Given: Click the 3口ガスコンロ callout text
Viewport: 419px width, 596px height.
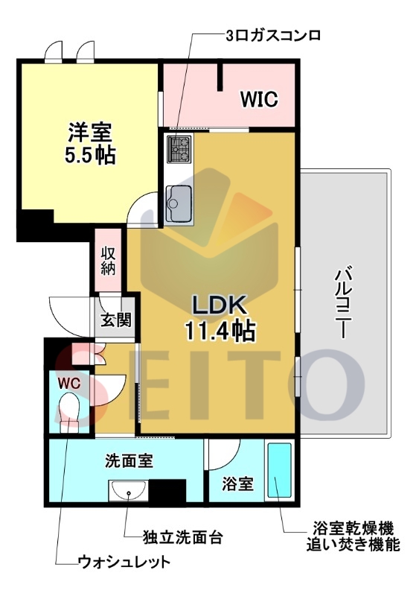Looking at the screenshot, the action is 273,36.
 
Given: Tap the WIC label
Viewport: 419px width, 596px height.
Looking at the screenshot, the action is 260,99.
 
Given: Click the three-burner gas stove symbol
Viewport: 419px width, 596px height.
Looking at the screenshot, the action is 179,148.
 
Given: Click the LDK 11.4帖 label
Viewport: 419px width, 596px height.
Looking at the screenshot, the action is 220,318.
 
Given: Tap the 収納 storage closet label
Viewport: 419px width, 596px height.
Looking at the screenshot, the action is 108,261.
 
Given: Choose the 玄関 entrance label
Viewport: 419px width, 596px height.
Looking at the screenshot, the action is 116,320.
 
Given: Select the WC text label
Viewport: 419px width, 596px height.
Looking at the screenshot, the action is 69,383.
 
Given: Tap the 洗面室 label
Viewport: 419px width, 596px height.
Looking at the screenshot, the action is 129,460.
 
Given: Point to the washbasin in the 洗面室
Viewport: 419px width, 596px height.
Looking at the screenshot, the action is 129,491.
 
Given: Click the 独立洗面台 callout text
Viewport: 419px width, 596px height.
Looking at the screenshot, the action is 182,537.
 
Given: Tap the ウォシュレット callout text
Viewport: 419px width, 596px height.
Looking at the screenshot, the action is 124,562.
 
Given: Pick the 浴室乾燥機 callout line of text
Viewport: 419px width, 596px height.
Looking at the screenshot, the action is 353,528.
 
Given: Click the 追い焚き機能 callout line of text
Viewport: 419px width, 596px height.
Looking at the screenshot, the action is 353,545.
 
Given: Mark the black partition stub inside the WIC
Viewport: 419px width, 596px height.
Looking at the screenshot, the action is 220,77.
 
